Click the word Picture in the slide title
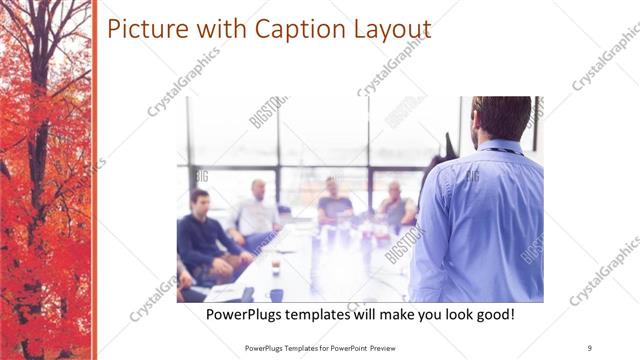tap(142, 29)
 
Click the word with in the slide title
tap(207, 29)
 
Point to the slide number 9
tap(589, 347)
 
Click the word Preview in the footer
tap(394, 347)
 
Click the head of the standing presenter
tap(500, 118)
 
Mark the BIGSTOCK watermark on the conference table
tap(404, 244)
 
